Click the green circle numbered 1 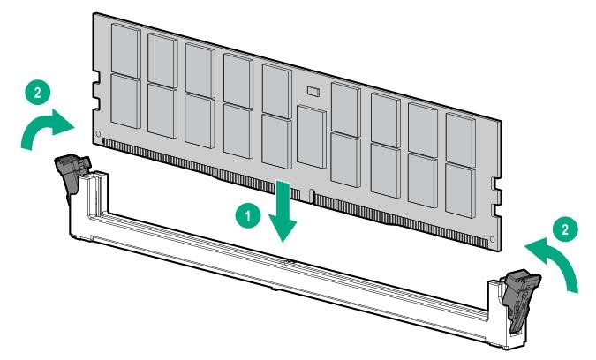[248, 215]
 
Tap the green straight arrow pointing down [283, 211]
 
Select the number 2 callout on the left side [38, 93]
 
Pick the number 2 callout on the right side [565, 229]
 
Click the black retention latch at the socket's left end [72, 173]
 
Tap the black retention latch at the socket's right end [520, 298]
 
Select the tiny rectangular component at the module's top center [313, 91]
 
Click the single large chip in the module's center [312, 137]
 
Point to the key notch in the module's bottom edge [312, 196]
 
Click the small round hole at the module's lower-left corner [98, 134]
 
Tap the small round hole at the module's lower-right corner [492, 239]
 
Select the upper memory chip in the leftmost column [125, 51]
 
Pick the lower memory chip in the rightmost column [460, 191]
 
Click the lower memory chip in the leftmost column [125, 101]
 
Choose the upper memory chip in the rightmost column [461, 140]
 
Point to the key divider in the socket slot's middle [290, 261]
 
